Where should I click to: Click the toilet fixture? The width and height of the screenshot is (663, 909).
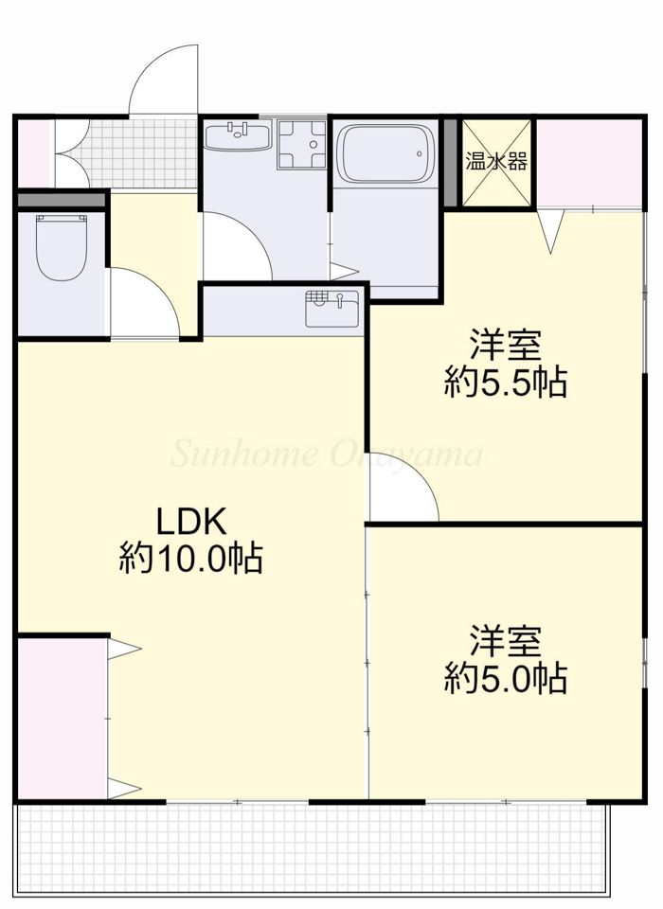(62, 247)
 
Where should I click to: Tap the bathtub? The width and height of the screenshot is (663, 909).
(386, 154)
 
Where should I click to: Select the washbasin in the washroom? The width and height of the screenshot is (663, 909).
(238, 135)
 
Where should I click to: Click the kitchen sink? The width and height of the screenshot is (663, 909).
(332, 309)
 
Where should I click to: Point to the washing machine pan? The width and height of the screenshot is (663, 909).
(301, 144)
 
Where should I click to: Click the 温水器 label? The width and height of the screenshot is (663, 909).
(496, 162)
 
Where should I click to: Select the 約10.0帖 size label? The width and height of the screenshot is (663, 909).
(191, 558)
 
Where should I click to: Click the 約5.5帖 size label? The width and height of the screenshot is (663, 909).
(505, 383)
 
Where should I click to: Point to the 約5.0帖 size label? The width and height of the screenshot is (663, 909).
(505, 678)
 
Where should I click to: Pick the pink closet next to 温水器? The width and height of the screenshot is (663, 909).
(588, 163)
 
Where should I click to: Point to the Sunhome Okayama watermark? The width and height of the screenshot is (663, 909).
(327, 454)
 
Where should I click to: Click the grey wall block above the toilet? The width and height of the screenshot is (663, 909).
(62, 200)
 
